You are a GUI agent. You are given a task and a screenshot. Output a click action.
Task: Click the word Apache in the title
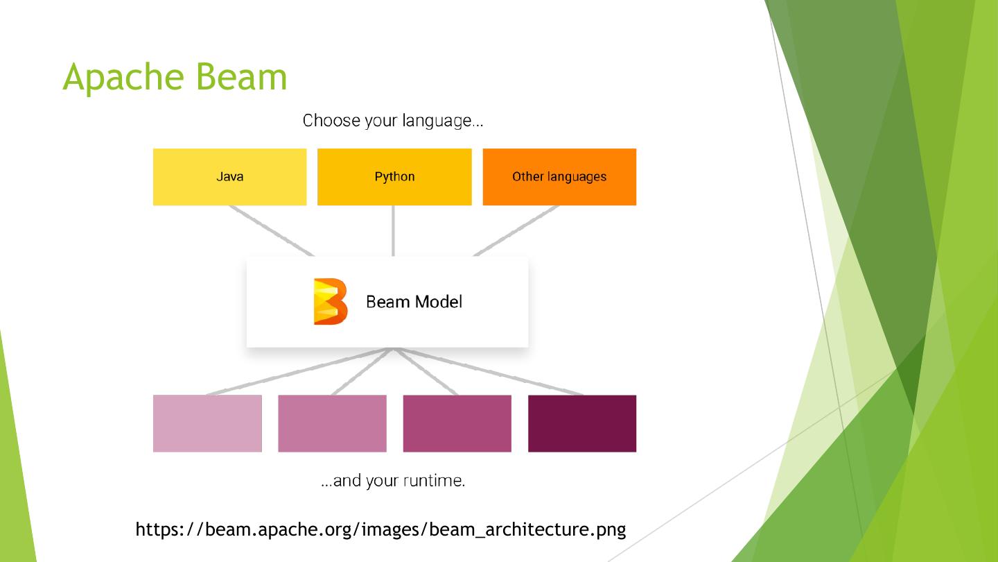[x=122, y=77]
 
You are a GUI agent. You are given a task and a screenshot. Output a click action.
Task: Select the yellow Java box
[x=229, y=177]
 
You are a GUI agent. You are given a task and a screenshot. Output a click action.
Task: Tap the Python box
[x=394, y=177]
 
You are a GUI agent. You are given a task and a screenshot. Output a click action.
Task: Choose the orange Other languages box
[x=559, y=177]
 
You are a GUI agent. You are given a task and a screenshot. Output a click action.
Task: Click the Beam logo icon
[x=330, y=301]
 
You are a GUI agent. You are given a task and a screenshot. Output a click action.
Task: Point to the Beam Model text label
[x=414, y=302]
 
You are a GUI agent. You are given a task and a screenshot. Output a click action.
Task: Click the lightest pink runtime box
[x=207, y=423]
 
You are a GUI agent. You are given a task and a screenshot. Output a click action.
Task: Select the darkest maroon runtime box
[x=582, y=423]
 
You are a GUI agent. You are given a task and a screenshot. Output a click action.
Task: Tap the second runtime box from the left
[x=332, y=423]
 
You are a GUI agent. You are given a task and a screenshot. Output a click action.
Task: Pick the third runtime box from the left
[x=457, y=423]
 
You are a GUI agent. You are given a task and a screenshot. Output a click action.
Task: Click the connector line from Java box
[x=271, y=230]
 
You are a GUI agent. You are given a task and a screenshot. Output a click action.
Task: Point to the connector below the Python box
[x=394, y=230]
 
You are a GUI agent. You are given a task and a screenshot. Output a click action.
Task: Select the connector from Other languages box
[x=516, y=230]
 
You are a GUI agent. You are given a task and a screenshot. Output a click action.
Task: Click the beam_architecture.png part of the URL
[x=527, y=530]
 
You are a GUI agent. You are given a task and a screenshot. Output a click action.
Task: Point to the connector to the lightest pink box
[x=298, y=372]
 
